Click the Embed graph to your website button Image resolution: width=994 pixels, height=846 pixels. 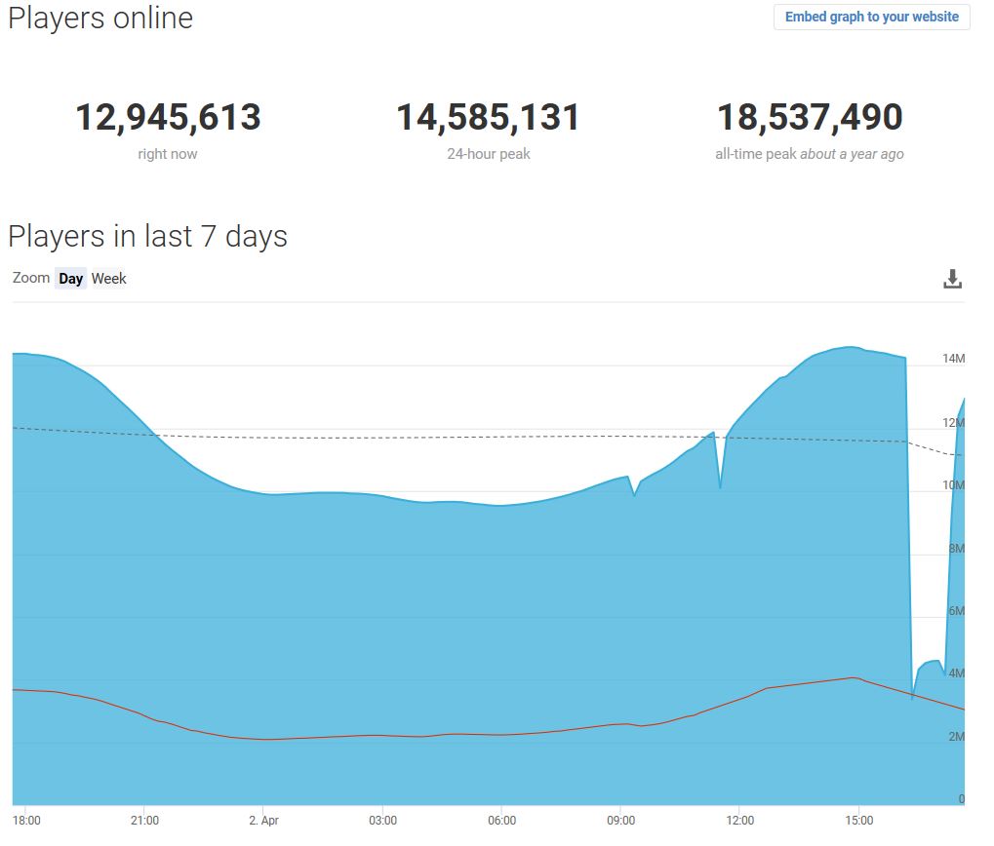click(871, 17)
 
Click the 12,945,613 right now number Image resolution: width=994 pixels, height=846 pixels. click(168, 118)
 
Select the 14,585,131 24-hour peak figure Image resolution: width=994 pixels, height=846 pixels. click(488, 118)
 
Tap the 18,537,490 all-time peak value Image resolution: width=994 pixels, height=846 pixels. click(810, 118)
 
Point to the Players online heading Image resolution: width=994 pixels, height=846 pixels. click(100, 19)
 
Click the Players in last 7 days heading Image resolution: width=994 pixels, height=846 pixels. click(147, 236)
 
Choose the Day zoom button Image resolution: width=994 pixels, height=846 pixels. click(70, 279)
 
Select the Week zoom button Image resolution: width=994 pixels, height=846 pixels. click(108, 279)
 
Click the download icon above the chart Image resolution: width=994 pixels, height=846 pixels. click(952, 280)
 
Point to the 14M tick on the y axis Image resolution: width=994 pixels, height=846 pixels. click(953, 359)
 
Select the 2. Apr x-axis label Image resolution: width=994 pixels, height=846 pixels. click(263, 821)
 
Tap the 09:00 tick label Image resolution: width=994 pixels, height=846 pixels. click(620, 821)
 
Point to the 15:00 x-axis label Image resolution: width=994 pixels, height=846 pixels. click(858, 821)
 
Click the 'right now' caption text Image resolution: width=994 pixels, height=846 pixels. click(168, 154)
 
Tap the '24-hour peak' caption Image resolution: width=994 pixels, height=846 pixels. click(488, 154)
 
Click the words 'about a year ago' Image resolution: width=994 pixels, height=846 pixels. click(852, 154)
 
